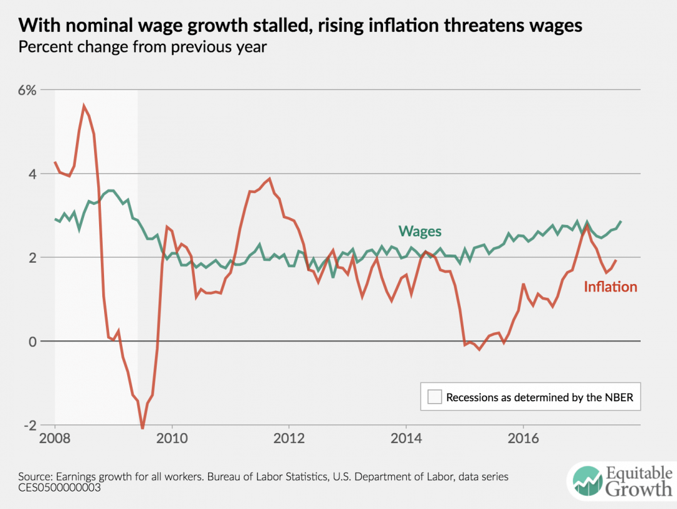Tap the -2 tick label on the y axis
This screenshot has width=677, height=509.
click(x=29, y=425)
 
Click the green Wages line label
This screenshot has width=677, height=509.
click(x=419, y=231)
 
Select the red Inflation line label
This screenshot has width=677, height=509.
click(x=610, y=287)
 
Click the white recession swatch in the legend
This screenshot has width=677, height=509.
click(x=434, y=397)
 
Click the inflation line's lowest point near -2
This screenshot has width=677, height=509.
click(x=142, y=428)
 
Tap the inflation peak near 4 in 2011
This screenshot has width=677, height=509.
click(x=270, y=179)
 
